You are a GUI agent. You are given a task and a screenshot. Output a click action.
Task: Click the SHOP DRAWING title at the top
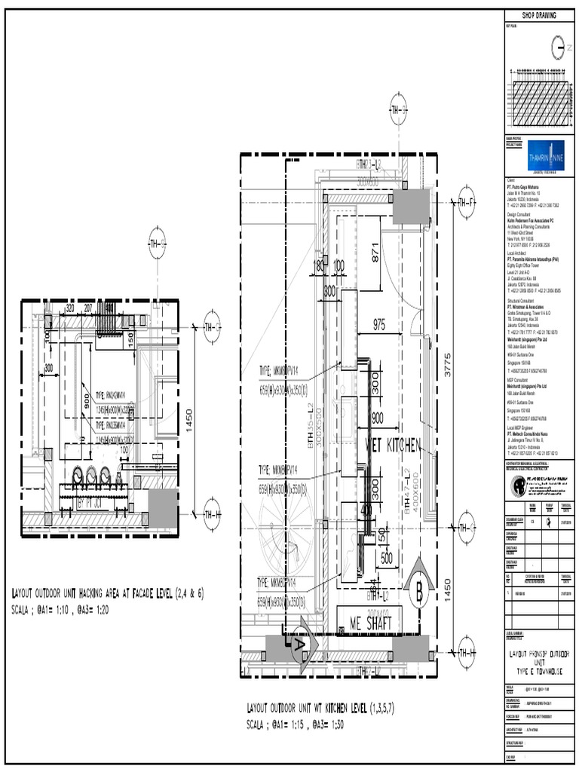click(x=540, y=17)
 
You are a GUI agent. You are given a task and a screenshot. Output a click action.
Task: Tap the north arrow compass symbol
click(x=558, y=47)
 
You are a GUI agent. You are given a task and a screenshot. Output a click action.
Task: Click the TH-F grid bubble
click(x=465, y=201)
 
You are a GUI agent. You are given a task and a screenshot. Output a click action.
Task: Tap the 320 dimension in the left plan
click(x=69, y=308)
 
